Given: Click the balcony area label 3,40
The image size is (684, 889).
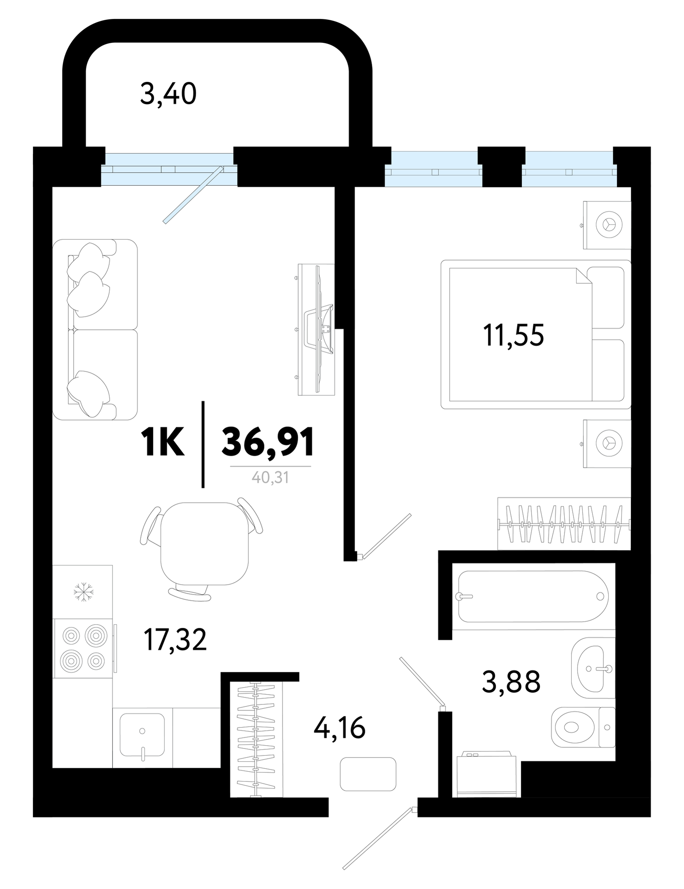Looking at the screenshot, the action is (168, 94).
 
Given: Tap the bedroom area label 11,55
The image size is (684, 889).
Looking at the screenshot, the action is (513, 336).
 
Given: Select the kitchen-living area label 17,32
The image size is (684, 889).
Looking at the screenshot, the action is (175, 640).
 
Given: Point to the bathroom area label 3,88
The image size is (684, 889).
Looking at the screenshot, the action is (511, 681).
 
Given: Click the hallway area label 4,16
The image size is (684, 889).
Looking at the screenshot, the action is (339, 728).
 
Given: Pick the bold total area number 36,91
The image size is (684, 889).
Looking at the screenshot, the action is (268, 442).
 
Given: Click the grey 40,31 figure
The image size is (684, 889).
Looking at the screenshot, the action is (270, 478).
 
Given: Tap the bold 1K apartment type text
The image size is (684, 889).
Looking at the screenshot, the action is (163, 442).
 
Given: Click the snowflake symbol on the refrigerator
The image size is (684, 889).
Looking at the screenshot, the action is (84, 592).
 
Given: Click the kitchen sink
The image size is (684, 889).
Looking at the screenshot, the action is (142, 734).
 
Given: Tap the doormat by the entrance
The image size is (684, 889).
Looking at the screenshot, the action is (368, 774).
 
